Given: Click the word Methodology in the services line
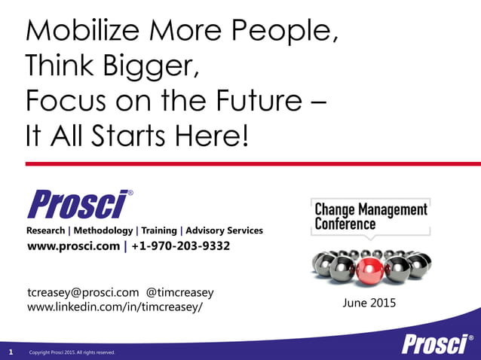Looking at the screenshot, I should [x=102, y=230].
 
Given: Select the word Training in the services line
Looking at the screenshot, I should [x=158, y=230].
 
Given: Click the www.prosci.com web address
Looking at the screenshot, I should [x=73, y=246].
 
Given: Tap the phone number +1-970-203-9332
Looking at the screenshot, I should [x=181, y=246].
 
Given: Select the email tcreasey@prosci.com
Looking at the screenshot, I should [x=83, y=292].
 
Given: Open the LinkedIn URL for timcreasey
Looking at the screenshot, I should [x=115, y=307].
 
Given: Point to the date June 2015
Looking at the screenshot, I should [x=369, y=304].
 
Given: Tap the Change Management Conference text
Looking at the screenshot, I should [x=370, y=216].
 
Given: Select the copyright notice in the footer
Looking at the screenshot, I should [x=71, y=352].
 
